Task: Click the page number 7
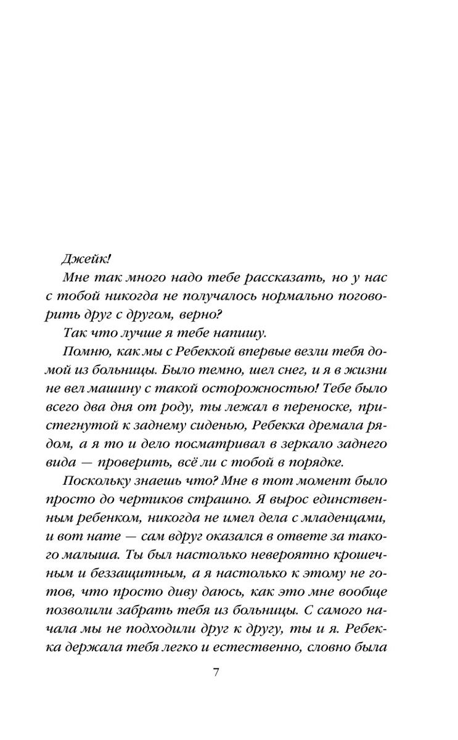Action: pos(216,672)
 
